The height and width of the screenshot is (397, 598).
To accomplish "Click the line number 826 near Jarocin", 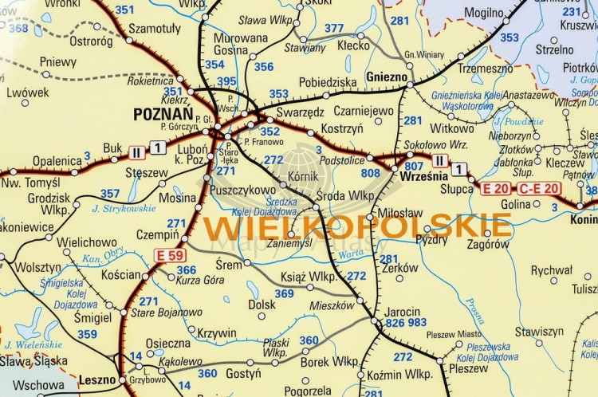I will point(395,323).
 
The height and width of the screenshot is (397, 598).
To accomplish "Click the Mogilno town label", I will point(484,14).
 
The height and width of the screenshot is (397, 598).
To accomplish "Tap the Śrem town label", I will point(228,264).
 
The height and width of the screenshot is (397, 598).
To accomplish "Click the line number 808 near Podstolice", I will point(371,172).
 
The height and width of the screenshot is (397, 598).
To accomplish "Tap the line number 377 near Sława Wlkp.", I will point(334,29).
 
